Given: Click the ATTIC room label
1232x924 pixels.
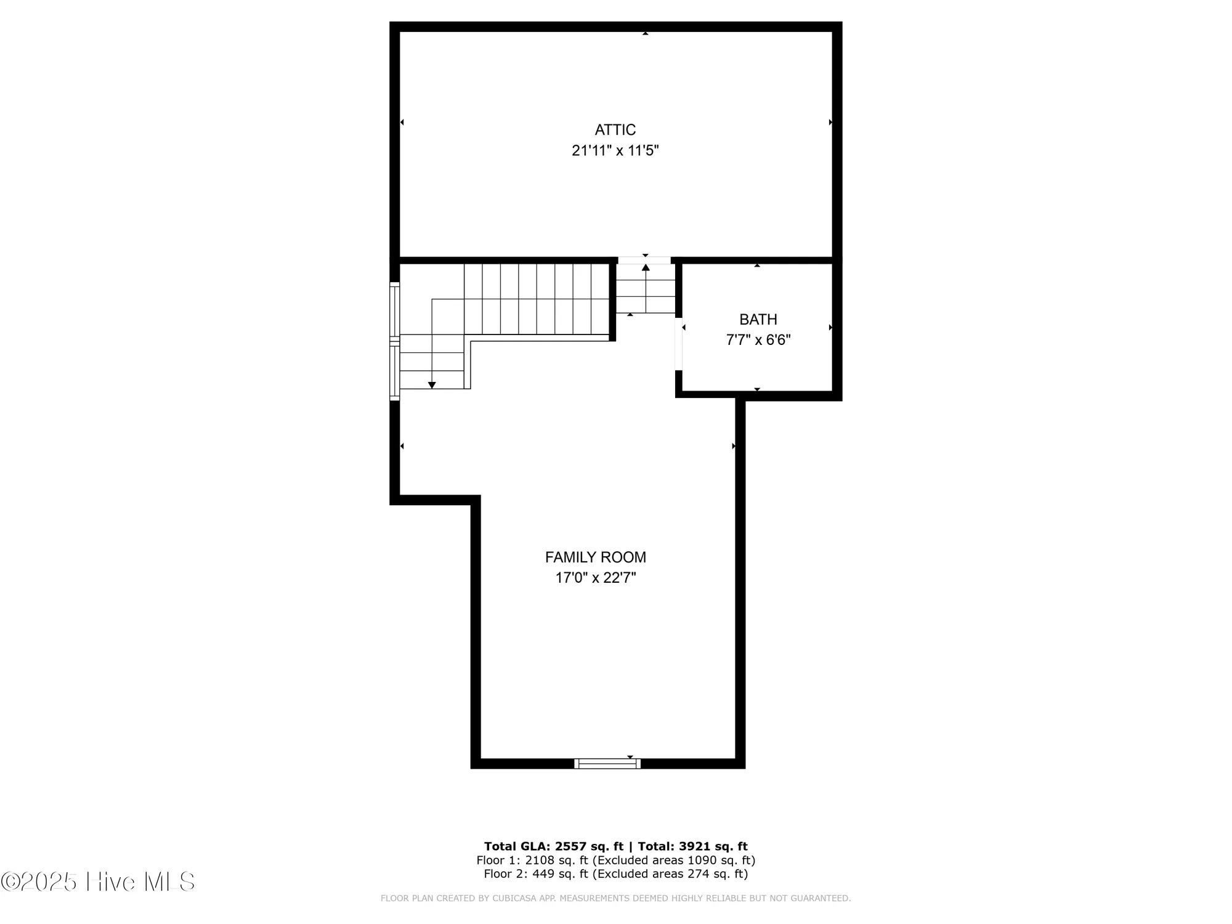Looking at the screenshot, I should pyautogui.click(x=615, y=130).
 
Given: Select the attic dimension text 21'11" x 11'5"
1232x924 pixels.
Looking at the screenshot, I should pyautogui.click(x=615, y=151).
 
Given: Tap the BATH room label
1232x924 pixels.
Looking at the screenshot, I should pyautogui.click(x=758, y=320).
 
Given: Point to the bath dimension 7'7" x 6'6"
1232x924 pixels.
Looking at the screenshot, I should pyautogui.click(x=758, y=340).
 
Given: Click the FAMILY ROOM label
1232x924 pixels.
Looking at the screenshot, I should pyautogui.click(x=595, y=557).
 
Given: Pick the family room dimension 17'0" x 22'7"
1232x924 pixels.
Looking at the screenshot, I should pyautogui.click(x=595, y=578).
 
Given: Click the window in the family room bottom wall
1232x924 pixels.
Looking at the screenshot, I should pyautogui.click(x=607, y=764).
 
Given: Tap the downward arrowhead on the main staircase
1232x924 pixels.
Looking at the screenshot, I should pyautogui.click(x=432, y=385).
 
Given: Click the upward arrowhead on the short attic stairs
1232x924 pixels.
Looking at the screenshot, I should pyautogui.click(x=646, y=268).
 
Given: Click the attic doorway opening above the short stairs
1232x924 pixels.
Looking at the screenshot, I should pyautogui.click(x=644, y=261).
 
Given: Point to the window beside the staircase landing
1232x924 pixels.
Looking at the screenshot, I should pyautogui.click(x=394, y=341).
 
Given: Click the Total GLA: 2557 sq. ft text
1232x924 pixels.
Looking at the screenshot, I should pyautogui.click(x=553, y=846).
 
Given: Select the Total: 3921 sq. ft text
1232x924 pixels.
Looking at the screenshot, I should pyautogui.click(x=692, y=846).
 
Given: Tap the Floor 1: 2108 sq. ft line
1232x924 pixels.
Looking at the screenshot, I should pyautogui.click(x=615, y=860).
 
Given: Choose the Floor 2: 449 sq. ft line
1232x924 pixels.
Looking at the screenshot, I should pyautogui.click(x=615, y=873).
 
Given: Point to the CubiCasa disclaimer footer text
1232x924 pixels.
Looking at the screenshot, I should pyautogui.click(x=615, y=899).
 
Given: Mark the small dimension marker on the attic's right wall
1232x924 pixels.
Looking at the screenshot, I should pyautogui.click(x=830, y=123).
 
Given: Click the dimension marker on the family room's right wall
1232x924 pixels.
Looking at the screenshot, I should pyautogui.click(x=733, y=446).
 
